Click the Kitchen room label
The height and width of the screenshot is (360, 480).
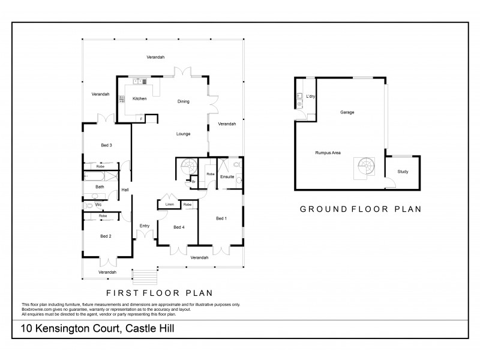pos(139,98)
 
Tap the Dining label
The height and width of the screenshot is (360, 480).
pos(183,101)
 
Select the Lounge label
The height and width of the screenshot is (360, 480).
pos(183,134)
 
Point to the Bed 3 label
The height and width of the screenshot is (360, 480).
pos(106,145)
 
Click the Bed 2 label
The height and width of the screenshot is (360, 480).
pos(106,236)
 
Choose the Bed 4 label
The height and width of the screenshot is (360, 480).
pos(179,227)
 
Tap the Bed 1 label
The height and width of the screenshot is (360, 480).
pos(221,219)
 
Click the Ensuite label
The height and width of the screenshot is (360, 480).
pos(227,177)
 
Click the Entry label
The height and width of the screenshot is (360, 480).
pos(145,226)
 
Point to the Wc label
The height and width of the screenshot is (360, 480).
pos(98,205)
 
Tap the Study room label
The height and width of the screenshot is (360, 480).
pos(404,172)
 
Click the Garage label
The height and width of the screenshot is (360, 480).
pos(347,112)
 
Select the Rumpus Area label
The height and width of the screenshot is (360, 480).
pos(328,153)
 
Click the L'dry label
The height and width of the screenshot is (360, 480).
pos(311,97)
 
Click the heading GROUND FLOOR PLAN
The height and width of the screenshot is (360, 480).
pos(360,209)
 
